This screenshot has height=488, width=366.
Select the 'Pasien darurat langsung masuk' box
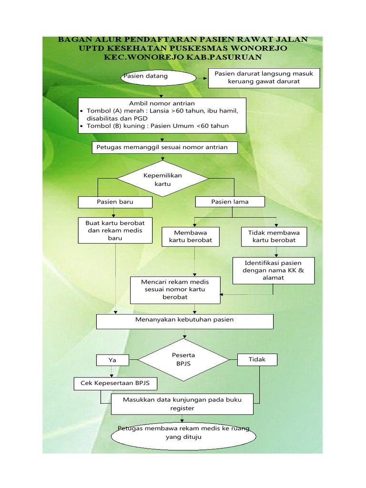264,78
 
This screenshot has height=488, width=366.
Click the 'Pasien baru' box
115,202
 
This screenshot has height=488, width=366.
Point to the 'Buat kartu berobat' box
115,231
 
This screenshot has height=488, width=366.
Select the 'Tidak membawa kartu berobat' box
274,236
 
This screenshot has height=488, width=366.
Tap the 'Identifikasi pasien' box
273,270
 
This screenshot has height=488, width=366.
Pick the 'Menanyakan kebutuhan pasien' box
185,321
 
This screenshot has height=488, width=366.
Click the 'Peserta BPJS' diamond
183,359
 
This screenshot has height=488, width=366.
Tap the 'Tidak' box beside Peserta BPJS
257,359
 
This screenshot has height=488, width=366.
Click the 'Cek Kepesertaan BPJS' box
115,383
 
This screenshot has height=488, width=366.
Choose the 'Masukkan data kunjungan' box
182,404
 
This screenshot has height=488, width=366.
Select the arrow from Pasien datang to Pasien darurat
202,78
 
